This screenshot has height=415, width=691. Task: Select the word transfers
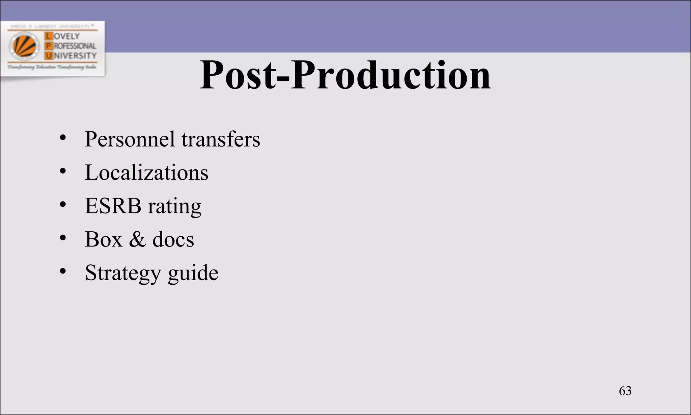click(221, 139)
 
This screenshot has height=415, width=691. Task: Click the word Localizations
click(146, 173)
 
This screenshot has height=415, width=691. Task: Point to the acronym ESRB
click(113, 206)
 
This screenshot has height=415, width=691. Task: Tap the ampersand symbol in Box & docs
click(137, 239)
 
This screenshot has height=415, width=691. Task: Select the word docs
click(173, 239)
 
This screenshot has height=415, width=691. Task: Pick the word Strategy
click(123, 273)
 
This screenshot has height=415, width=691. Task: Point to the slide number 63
click(625, 391)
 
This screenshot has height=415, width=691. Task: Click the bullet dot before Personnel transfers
click(62, 138)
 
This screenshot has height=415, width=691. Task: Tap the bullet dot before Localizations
click(62, 171)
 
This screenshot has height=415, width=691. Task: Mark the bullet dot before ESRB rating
click(62, 205)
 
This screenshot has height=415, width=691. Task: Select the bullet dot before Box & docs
click(62, 238)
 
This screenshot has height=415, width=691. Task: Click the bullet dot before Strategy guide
click(62, 271)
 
